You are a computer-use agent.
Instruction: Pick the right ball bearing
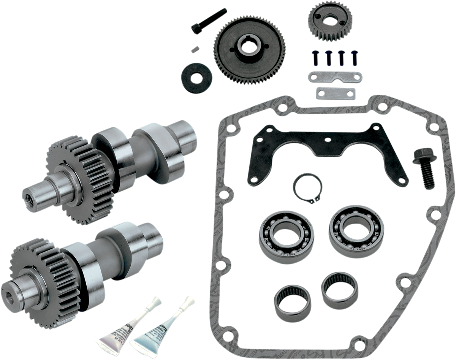(350, 226)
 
